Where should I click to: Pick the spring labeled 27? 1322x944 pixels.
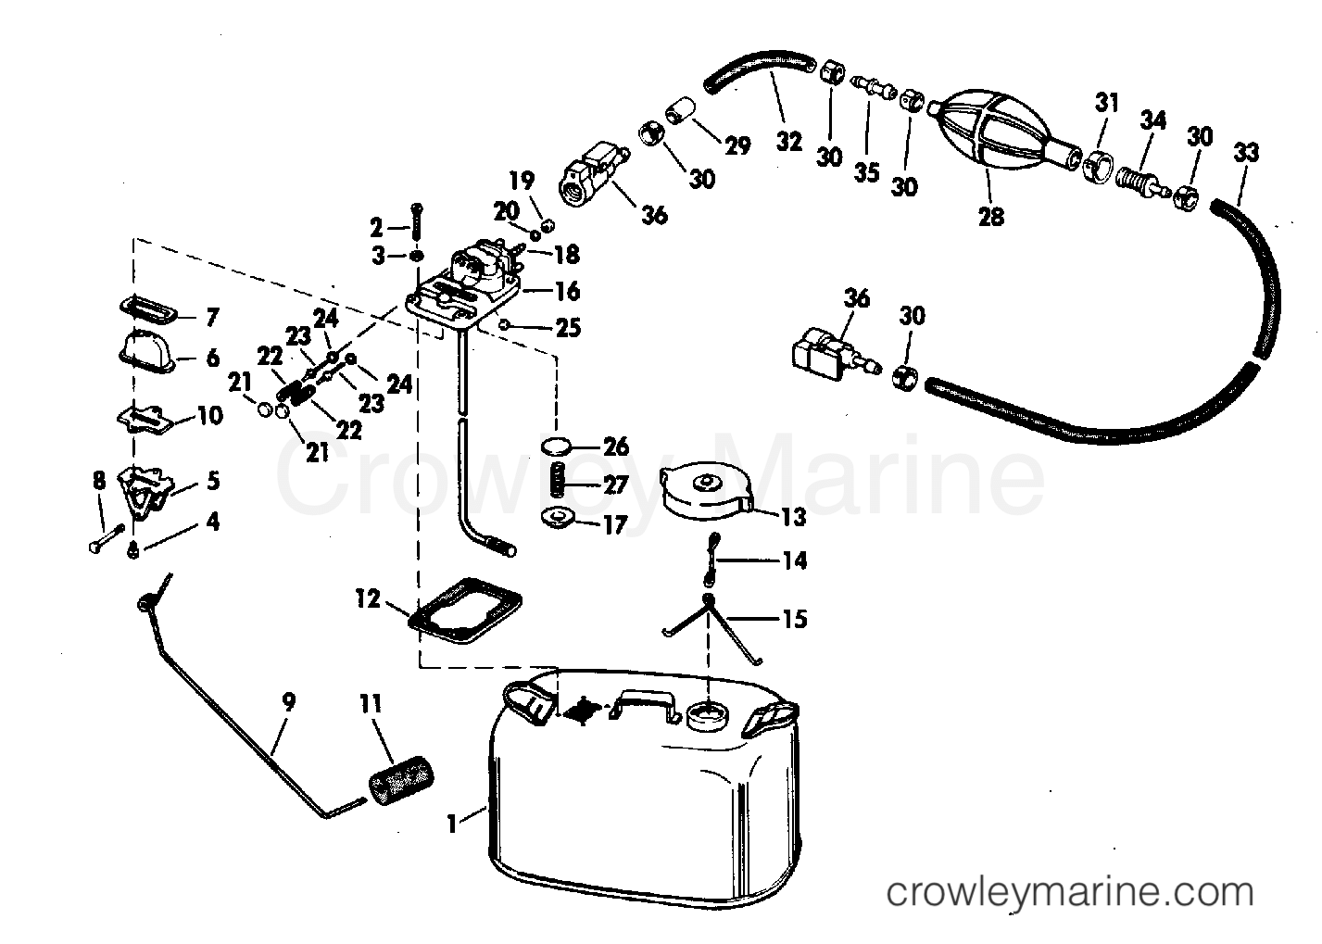click(x=555, y=483)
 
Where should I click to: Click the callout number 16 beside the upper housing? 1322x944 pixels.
click(x=567, y=291)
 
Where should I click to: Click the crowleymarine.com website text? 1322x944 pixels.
click(x=1070, y=893)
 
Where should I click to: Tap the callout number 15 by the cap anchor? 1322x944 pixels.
click(x=794, y=618)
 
